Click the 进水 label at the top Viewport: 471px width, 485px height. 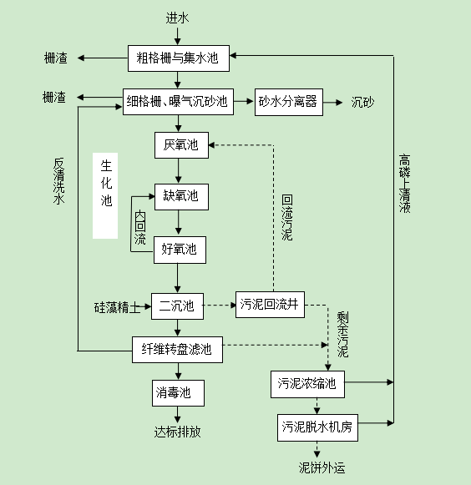tap(177, 17)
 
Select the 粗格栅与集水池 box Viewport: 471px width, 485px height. tap(177, 58)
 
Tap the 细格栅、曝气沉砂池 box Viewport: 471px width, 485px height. tap(177, 102)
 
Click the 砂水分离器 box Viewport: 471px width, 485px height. tap(288, 102)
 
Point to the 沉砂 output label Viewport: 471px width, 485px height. tap(362, 103)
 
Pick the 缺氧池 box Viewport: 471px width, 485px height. tap(180, 197)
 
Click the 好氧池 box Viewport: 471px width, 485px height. tap(179, 249)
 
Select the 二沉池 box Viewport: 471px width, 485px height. tap(177, 306)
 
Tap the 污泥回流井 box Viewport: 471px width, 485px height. tap(268, 306)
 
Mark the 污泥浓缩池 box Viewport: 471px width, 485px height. tap(307, 384)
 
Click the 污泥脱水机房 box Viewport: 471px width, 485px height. tap(317, 428)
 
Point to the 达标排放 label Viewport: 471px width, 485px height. tap(177, 432)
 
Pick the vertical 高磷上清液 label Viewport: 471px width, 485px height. tap(404, 184)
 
